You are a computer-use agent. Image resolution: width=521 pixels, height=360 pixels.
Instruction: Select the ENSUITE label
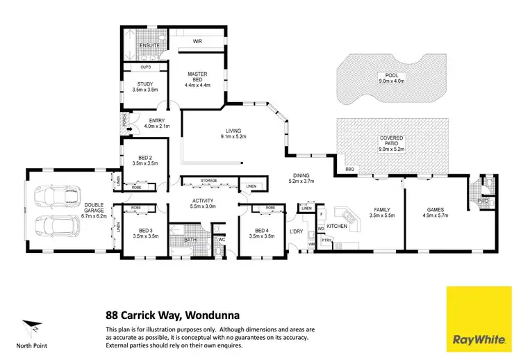pyautogui.click(x=149, y=45)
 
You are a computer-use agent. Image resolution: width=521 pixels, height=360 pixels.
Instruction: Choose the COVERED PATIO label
pyautogui.click(x=391, y=139)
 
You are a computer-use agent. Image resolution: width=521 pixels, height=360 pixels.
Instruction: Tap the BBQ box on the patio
pyautogui.click(x=349, y=169)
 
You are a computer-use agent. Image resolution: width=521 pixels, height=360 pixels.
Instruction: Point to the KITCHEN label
pyautogui.click(x=337, y=227)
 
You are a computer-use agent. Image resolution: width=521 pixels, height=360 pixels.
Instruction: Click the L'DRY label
pyautogui.click(x=296, y=232)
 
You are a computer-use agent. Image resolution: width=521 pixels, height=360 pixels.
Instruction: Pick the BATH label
pyautogui.click(x=190, y=240)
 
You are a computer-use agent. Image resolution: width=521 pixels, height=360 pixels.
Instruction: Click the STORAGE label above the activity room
pyautogui.click(x=209, y=181)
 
